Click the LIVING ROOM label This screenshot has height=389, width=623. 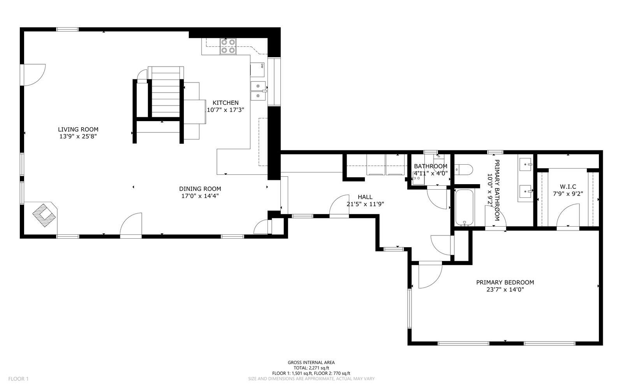[x=78, y=129]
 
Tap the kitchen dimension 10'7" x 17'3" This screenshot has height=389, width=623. [x=225, y=110]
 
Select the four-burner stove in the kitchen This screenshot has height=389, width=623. [x=228, y=46]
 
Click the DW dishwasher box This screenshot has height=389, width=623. [x=258, y=69]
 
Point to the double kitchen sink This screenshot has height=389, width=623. [x=258, y=90]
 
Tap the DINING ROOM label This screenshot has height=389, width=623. [x=200, y=188]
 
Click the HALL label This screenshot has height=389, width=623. [x=365, y=197]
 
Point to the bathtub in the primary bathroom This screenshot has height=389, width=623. [x=464, y=207]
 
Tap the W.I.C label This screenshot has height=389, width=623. [x=568, y=187]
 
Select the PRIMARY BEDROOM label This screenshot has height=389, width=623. [x=505, y=282]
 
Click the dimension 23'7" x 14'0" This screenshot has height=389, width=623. [x=505, y=290]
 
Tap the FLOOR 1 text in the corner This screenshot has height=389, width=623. [x=18, y=378]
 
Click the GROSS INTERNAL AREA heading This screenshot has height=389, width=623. [x=311, y=362]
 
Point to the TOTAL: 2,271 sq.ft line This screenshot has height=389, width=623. [x=311, y=368]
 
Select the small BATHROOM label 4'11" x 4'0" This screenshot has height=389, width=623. [x=430, y=170]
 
